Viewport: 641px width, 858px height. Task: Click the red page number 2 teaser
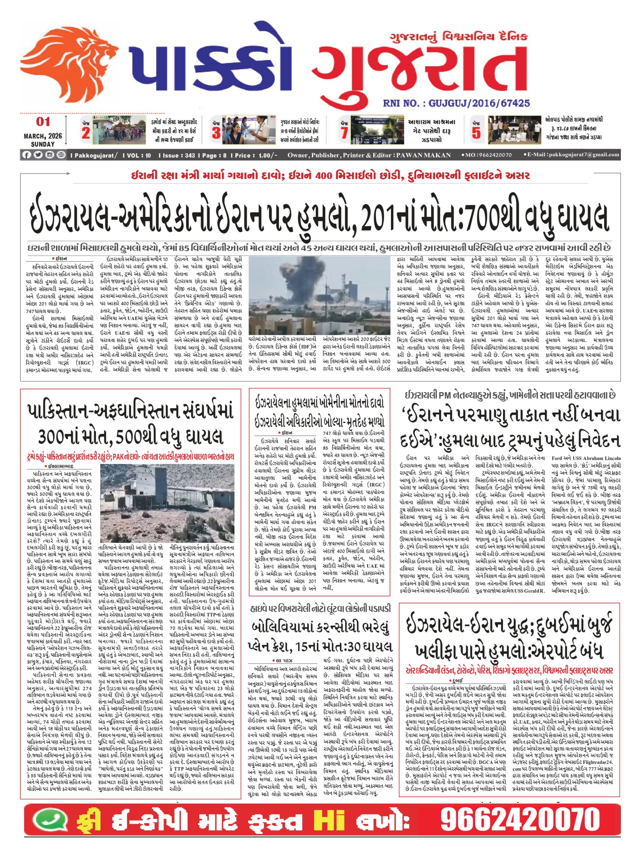click(x=86, y=133)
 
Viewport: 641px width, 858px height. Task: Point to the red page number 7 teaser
click(x=344, y=133)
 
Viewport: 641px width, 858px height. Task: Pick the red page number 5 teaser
click(x=476, y=133)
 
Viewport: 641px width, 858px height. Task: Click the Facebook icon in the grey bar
click(x=27, y=155)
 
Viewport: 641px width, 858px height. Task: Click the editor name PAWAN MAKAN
click(x=424, y=155)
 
